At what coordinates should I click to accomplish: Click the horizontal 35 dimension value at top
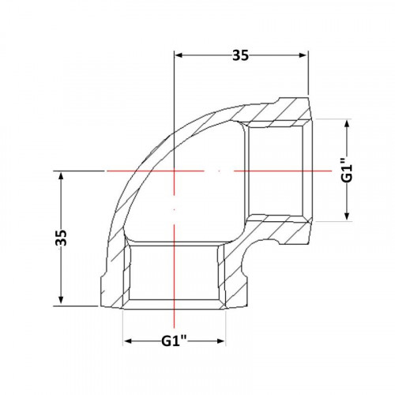tap(240, 55)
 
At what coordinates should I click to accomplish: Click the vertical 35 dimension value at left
tap(62, 238)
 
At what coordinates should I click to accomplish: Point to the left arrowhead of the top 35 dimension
tap(179, 55)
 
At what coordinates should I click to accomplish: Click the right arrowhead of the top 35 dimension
tap(303, 55)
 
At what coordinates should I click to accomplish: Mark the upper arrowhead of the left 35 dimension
tap(61, 175)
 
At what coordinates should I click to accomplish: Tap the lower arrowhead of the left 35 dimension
tap(61, 301)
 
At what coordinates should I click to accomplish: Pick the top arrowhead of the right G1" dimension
tap(347, 123)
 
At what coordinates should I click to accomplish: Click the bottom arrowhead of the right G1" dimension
tap(347, 216)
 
